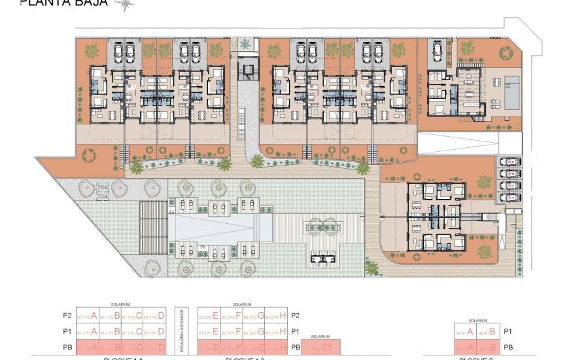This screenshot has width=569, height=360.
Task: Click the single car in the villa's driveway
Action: tap(436, 49)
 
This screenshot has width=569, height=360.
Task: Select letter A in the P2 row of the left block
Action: tap(94, 316)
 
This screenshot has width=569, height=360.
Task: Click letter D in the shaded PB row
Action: tap(162, 347)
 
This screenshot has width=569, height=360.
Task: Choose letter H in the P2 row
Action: tap(283, 316)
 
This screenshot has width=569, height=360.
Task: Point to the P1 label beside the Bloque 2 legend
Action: tap(508, 331)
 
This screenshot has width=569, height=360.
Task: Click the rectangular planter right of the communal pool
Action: tap(321, 228)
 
